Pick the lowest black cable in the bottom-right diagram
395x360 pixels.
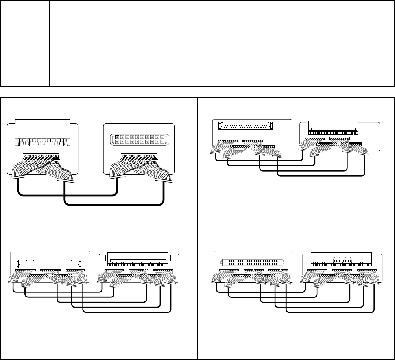330,312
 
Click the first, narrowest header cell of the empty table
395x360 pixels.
25,7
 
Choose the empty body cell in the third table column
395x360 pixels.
211,51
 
